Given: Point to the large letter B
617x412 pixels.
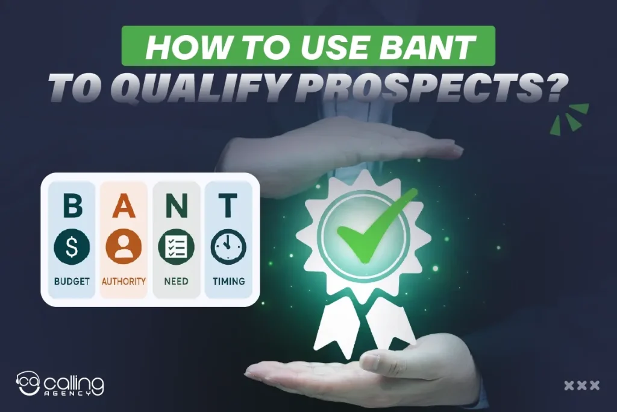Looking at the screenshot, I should point(72,206).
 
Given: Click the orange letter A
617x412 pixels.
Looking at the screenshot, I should point(124,206).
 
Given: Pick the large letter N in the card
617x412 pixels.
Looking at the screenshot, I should point(176,206).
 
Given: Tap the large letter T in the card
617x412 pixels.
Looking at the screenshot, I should point(228,206).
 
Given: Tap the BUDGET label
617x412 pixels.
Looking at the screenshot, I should point(72,281).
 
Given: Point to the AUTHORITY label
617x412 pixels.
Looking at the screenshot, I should point(124,281).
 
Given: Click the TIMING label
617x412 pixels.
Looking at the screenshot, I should point(228,281).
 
